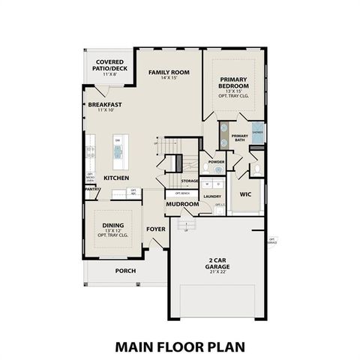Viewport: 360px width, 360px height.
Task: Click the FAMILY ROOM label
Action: pyautogui.click(x=169, y=72)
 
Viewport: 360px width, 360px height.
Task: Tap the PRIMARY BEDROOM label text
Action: pyautogui.click(x=238, y=83)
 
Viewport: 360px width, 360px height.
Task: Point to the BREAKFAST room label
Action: pyautogui.click(x=106, y=104)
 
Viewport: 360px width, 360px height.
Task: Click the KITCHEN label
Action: pyautogui.click(x=116, y=178)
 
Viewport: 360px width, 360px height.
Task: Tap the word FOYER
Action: pyautogui.click(x=155, y=229)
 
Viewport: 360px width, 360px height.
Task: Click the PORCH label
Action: pyautogui.click(x=125, y=271)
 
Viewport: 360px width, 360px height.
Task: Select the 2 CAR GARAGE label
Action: pyautogui.click(x=218, y=265)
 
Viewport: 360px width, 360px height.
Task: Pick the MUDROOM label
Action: pyautogui.click(x=182, y=204)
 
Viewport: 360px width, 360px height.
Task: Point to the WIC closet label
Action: pyautogui.click(x=245, y=195)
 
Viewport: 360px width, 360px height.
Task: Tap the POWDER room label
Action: pyautogui.click(x=217, y=162)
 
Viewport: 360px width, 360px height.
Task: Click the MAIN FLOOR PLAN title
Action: pyautogui.click(x=179, y=346)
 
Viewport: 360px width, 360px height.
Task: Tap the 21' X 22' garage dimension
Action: pyautogui.click(x=218, y=273)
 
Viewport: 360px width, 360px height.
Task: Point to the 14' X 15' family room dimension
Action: pyautogui.click(x=169, y=79)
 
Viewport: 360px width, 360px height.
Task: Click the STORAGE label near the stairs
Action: pyautogui.click(x=190, y=181)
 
